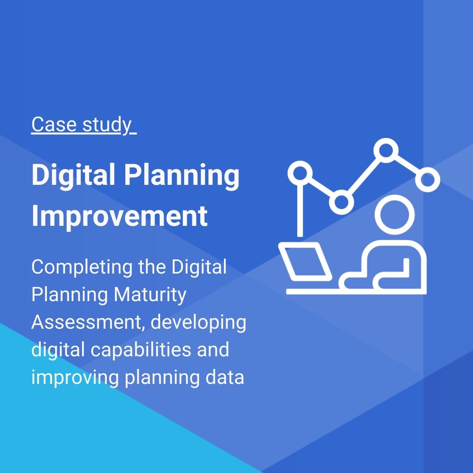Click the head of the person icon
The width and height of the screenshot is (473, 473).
click(394, 213)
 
